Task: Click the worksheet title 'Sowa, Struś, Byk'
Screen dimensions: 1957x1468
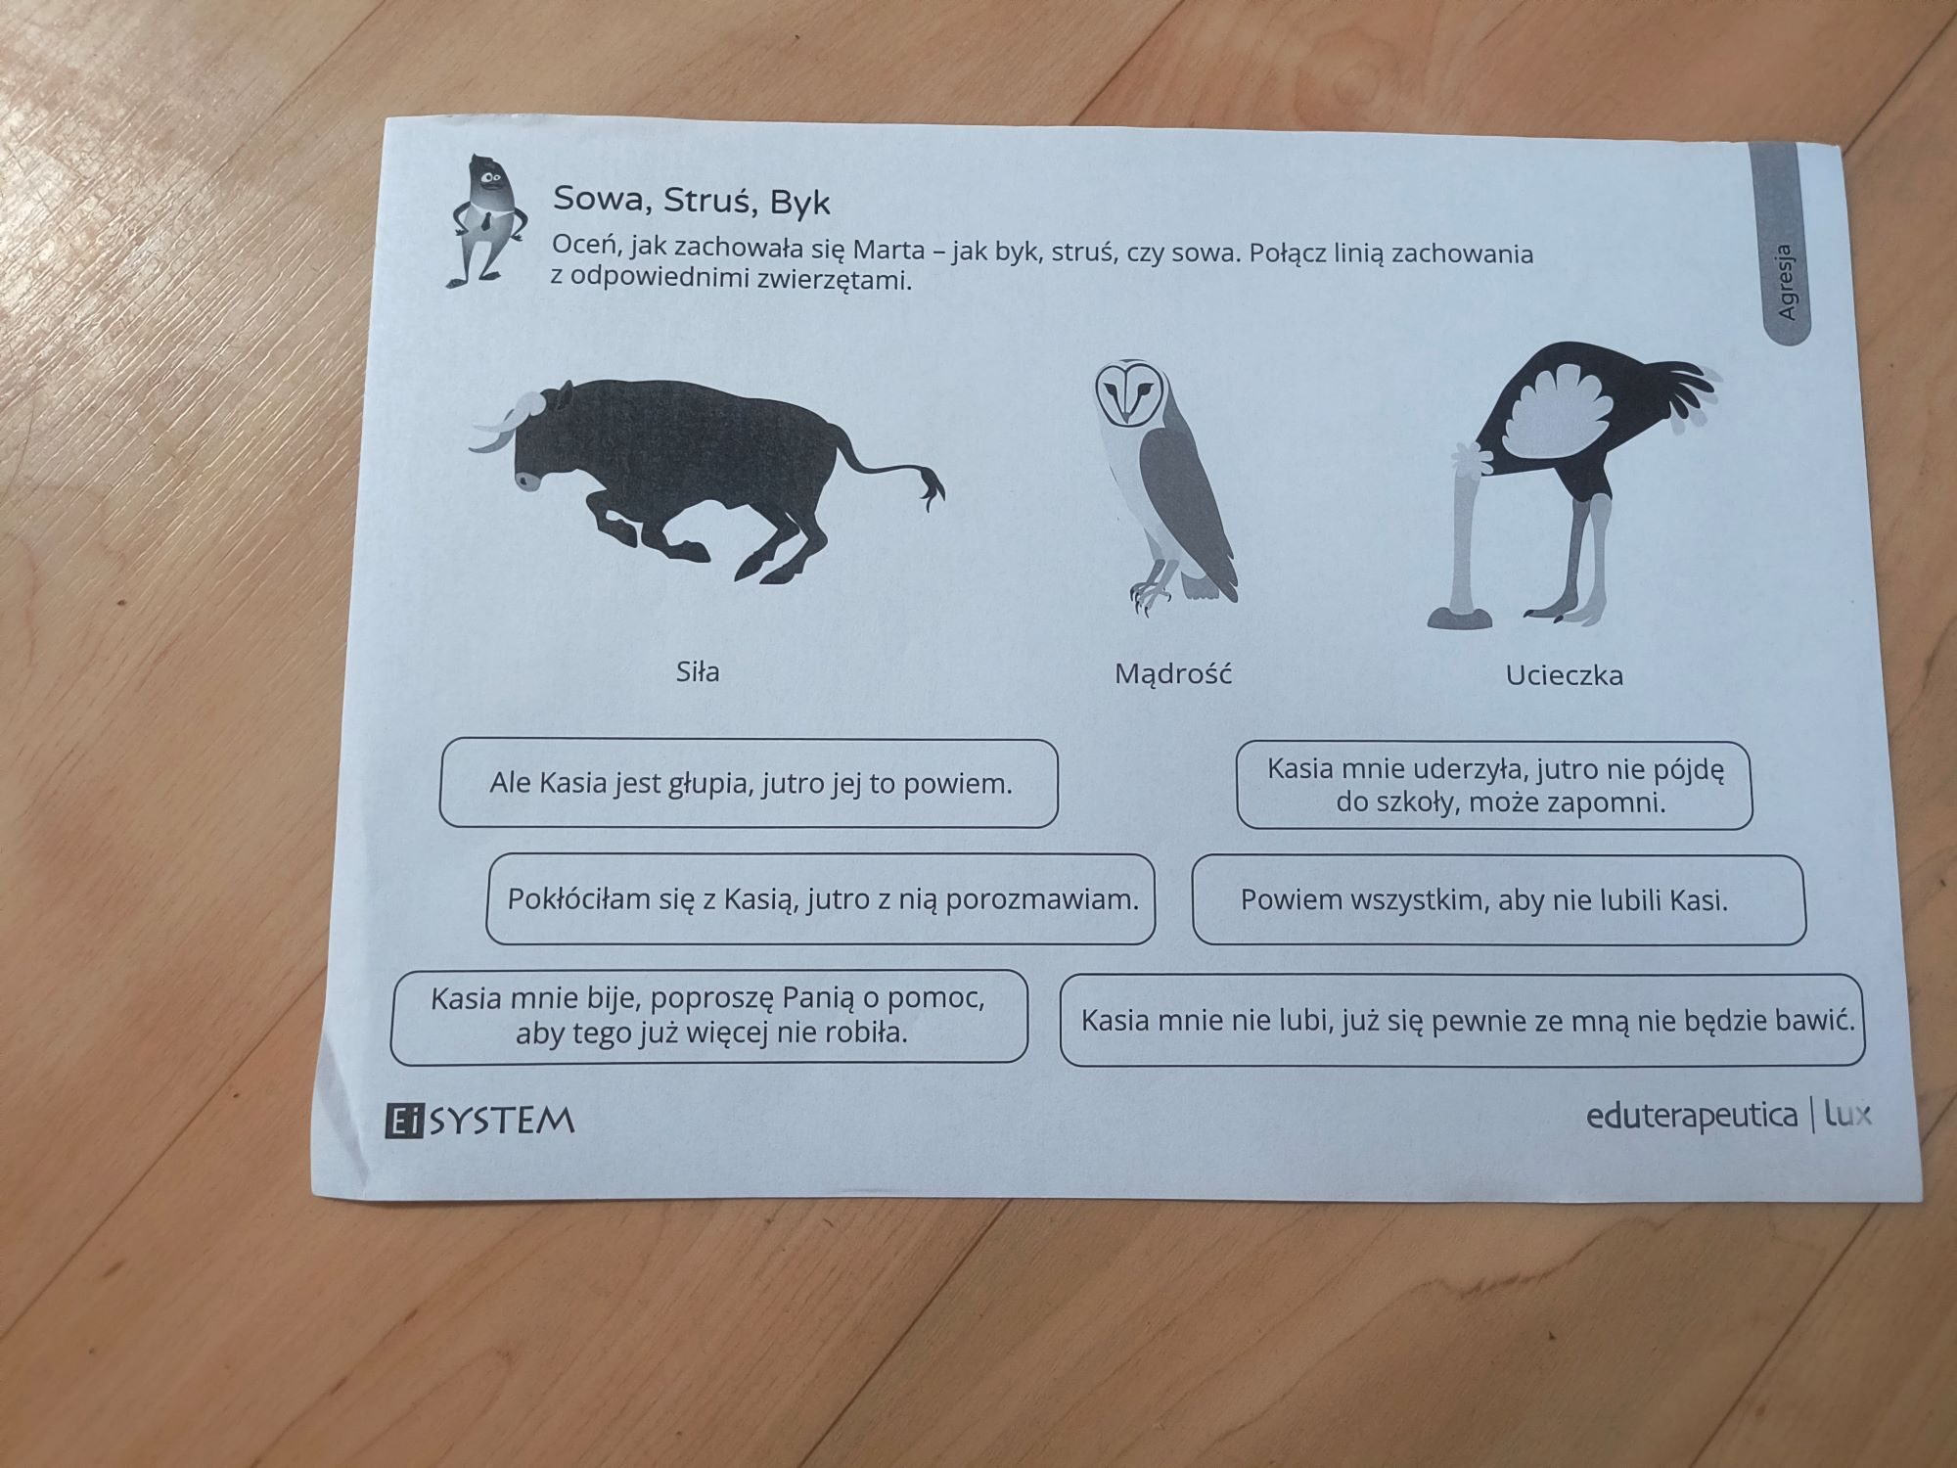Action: point(691,201)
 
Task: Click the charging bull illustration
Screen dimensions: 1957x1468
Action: point(705,480)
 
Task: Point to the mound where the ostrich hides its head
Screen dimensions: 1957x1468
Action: point(1460,617)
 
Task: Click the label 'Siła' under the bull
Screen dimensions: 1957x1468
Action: point(698,671)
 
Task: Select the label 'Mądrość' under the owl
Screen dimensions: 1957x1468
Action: point(1172,674)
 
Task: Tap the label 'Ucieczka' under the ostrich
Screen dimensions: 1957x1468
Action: point(1564,675)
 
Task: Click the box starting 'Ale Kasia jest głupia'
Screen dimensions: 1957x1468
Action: point(750,784)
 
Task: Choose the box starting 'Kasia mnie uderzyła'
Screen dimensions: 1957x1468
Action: point(1494,786)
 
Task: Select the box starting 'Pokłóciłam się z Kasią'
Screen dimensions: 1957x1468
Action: point(821,899)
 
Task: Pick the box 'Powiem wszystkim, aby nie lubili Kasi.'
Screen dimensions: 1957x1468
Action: point(1498,900)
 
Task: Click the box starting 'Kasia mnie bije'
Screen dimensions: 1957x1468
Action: point(709,1017)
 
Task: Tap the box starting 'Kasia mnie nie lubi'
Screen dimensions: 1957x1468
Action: point(1462,1021)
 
